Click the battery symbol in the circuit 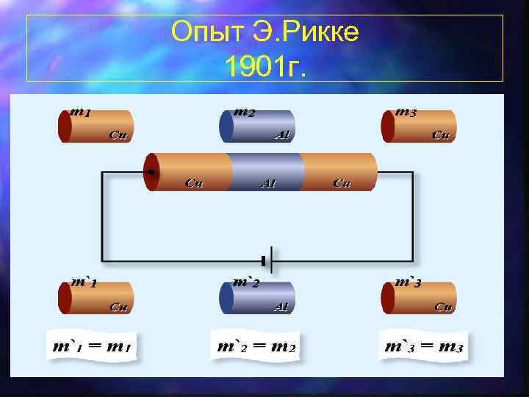(267, 260)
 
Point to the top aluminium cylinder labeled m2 (257, 126)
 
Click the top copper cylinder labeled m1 (96, 126)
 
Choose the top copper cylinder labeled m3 (419, 126)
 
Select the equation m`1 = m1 (93, 346)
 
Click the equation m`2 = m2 (256, 346)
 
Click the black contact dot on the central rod (151, 172)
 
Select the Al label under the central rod (267, 184)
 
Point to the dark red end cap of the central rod (150, 172)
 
